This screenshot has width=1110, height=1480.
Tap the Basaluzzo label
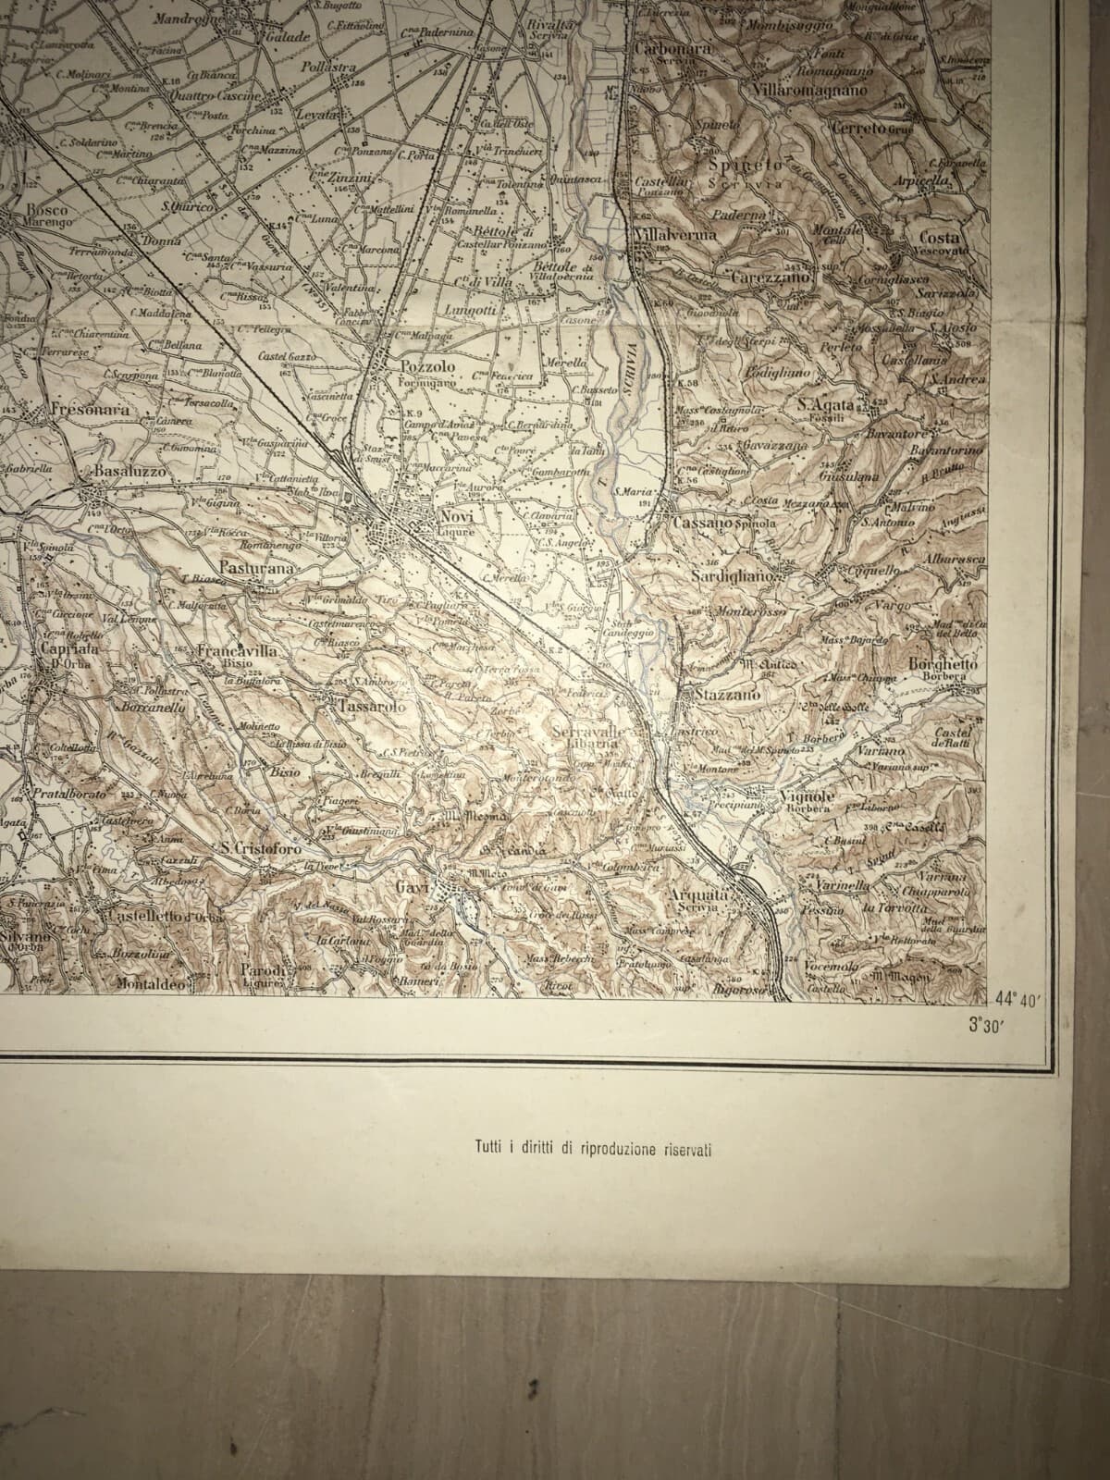tap(129, 472)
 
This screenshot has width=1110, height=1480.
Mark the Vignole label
tap(808, 796)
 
